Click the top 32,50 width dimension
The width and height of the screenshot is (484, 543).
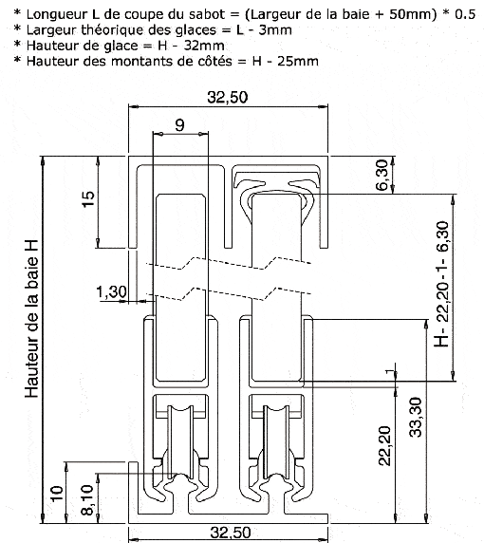coord(228,98)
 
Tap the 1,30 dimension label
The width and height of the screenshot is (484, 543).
coord(112,294)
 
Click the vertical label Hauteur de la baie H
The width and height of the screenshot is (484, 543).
coord(33,318)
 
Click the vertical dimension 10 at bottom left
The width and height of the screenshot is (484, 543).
coord(56,495)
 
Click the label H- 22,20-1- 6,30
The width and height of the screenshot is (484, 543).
coord(439,284)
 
